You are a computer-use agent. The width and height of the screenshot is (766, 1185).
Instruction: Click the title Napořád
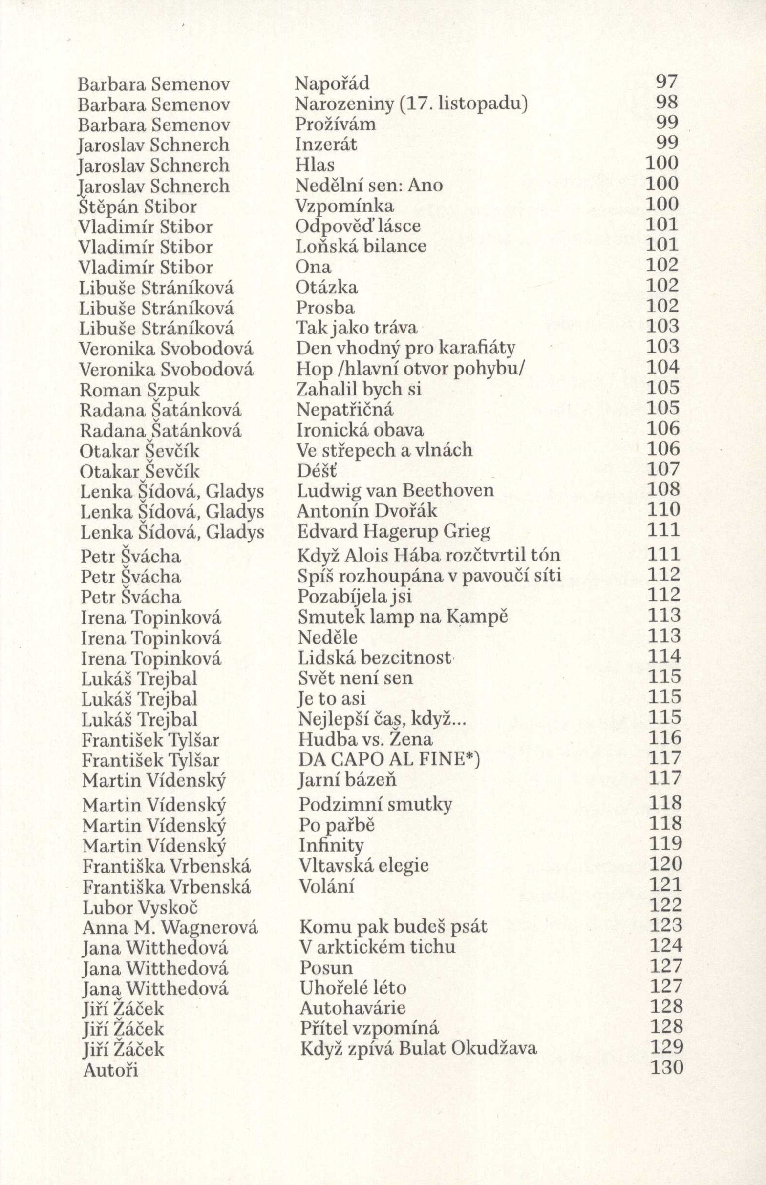tap(332, 83)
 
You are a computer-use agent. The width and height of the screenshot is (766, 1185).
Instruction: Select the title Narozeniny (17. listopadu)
tap(411, 104)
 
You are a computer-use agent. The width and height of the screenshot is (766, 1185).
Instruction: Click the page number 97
tap(667, 82)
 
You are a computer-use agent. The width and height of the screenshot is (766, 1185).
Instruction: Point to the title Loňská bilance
tap(361, 247)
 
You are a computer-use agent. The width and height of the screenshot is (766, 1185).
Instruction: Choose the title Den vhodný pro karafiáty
tap(405, 348)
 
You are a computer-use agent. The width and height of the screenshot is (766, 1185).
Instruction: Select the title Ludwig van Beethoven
tap(395, 491)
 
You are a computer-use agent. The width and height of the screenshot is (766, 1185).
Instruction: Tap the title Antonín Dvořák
tap(367, 511)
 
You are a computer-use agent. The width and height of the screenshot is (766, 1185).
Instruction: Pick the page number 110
tap(663, 509)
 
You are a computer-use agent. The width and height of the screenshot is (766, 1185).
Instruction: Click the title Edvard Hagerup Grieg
tap(393, 532)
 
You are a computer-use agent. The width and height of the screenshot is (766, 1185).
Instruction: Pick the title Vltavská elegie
tap(364, 865)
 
